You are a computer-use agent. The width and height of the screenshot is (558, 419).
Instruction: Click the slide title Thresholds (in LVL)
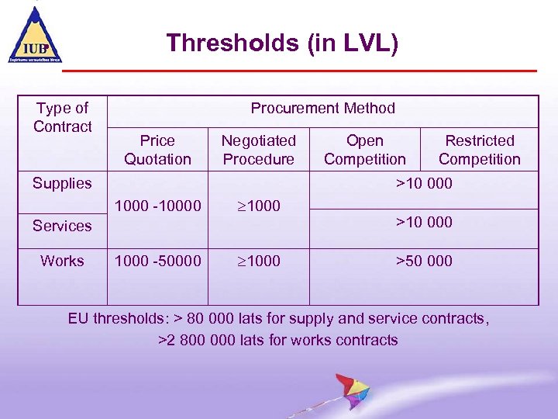coord(282,43)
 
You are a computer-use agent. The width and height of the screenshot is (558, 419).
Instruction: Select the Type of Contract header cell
coord(62,117)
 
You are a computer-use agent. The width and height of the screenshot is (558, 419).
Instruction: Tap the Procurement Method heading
coord(322,109)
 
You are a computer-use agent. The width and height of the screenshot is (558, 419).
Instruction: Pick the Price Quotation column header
coord(157,150)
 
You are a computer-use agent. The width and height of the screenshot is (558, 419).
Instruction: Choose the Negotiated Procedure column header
coord(258,150)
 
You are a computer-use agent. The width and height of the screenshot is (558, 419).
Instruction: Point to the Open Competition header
coord(364,150)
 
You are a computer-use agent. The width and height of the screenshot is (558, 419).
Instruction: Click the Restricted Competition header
coord(479,150)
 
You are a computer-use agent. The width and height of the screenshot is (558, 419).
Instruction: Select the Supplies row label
coord(62,184)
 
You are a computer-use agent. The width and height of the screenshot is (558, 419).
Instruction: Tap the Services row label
coord(62,226)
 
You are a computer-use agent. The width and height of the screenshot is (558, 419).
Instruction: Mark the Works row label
coord(62,261)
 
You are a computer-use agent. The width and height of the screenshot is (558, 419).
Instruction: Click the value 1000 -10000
coord(157,206)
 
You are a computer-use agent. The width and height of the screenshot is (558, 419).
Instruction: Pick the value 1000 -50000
coord(157,261)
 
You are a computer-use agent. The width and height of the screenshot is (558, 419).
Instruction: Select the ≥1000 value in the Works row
coord(258,261)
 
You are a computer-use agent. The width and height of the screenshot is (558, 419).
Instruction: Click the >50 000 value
coord(424,261)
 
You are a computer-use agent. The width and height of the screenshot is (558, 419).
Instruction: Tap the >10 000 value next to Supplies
coord(424,184)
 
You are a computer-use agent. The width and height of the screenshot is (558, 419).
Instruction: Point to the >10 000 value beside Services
coord(424,223)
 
